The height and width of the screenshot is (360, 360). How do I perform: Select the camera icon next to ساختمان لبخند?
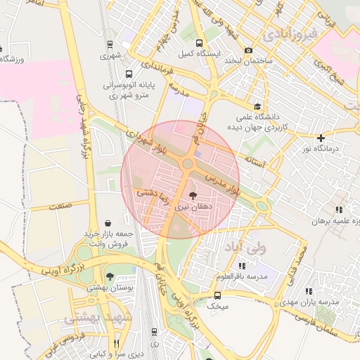[248, 50]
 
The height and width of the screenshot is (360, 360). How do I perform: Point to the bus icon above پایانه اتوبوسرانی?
[128, 73]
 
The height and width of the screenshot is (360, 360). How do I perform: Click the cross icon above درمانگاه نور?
[321, 138]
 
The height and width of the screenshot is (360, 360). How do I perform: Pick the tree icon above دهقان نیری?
[193, 195]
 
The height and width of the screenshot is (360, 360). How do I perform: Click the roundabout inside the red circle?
[188, 165]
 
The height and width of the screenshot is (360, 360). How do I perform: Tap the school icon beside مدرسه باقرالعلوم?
[243, 266]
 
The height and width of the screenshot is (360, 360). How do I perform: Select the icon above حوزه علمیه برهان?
[339, 210]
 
